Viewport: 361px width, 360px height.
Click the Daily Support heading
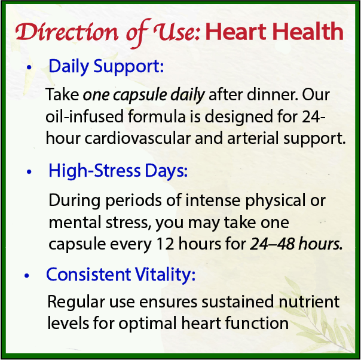tap(106, 66)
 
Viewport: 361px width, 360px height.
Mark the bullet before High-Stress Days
tap(28, 174)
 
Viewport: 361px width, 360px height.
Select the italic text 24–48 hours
tap(297, 244)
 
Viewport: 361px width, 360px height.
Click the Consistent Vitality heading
tap(121, 275)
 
